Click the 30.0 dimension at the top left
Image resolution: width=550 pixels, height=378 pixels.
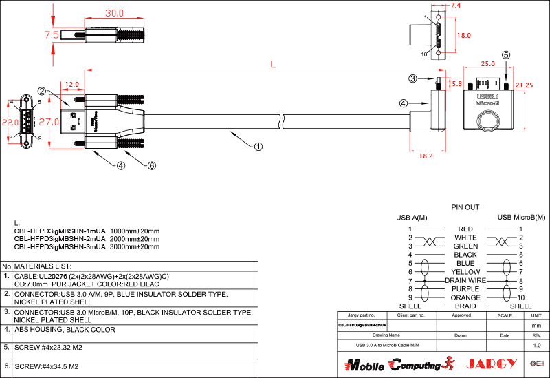point(114,13)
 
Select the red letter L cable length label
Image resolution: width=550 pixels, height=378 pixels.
point(273,65)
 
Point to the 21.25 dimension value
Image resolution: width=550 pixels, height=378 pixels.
point(524,85)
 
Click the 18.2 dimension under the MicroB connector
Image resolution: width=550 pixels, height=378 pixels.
point(426,156)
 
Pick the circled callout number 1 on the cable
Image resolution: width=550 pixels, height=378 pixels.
point(258,146)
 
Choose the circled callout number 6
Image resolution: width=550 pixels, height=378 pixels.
point(152,165)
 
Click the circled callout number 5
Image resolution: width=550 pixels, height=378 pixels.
point(506,55)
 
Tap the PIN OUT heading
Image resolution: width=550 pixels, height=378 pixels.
point(465,207)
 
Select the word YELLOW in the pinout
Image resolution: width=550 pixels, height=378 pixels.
point(465,272)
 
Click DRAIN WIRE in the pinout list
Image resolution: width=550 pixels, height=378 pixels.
point(465,281)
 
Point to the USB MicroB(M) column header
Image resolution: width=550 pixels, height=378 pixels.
point(521,218)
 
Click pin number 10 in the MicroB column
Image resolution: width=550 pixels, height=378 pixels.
point(521,297)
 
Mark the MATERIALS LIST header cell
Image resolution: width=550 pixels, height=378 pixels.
point(43,266)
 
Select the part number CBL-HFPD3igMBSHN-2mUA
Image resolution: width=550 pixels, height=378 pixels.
point(60,238)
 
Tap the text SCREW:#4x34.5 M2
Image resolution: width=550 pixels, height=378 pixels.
point(47,366)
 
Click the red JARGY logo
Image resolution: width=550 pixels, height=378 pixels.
point(492,364)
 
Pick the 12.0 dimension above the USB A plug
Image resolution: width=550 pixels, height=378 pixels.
point(71,85)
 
